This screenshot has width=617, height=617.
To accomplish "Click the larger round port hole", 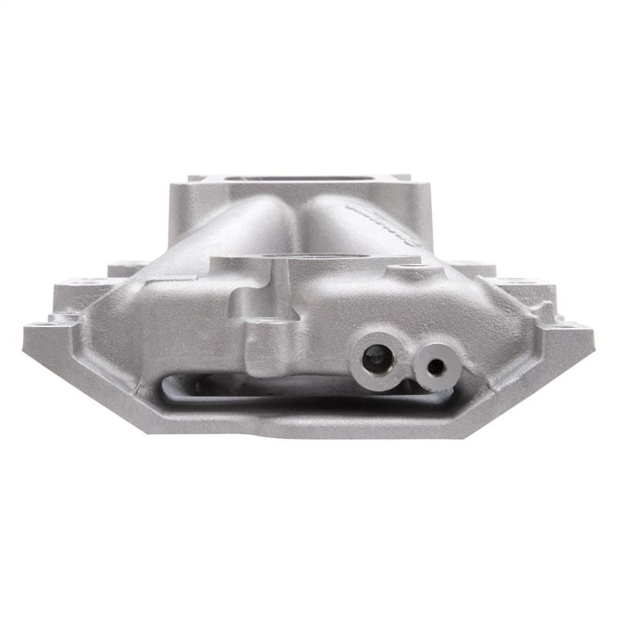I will click(376, 356).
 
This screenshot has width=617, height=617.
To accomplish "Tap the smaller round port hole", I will click(436, 367).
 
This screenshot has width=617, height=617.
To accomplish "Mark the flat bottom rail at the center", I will click(308, 424).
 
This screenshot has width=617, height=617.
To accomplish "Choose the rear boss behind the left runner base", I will click(127, 268).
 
